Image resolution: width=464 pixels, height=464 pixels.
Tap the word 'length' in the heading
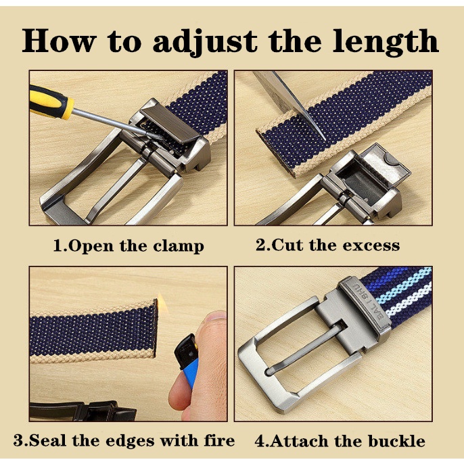[385, 41]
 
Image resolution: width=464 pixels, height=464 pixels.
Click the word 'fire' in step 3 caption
[219, 440]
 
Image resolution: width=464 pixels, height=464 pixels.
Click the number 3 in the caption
[18, 440]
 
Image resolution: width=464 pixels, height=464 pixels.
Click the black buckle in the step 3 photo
[83, 411]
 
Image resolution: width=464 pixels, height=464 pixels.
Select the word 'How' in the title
[59, 41]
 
